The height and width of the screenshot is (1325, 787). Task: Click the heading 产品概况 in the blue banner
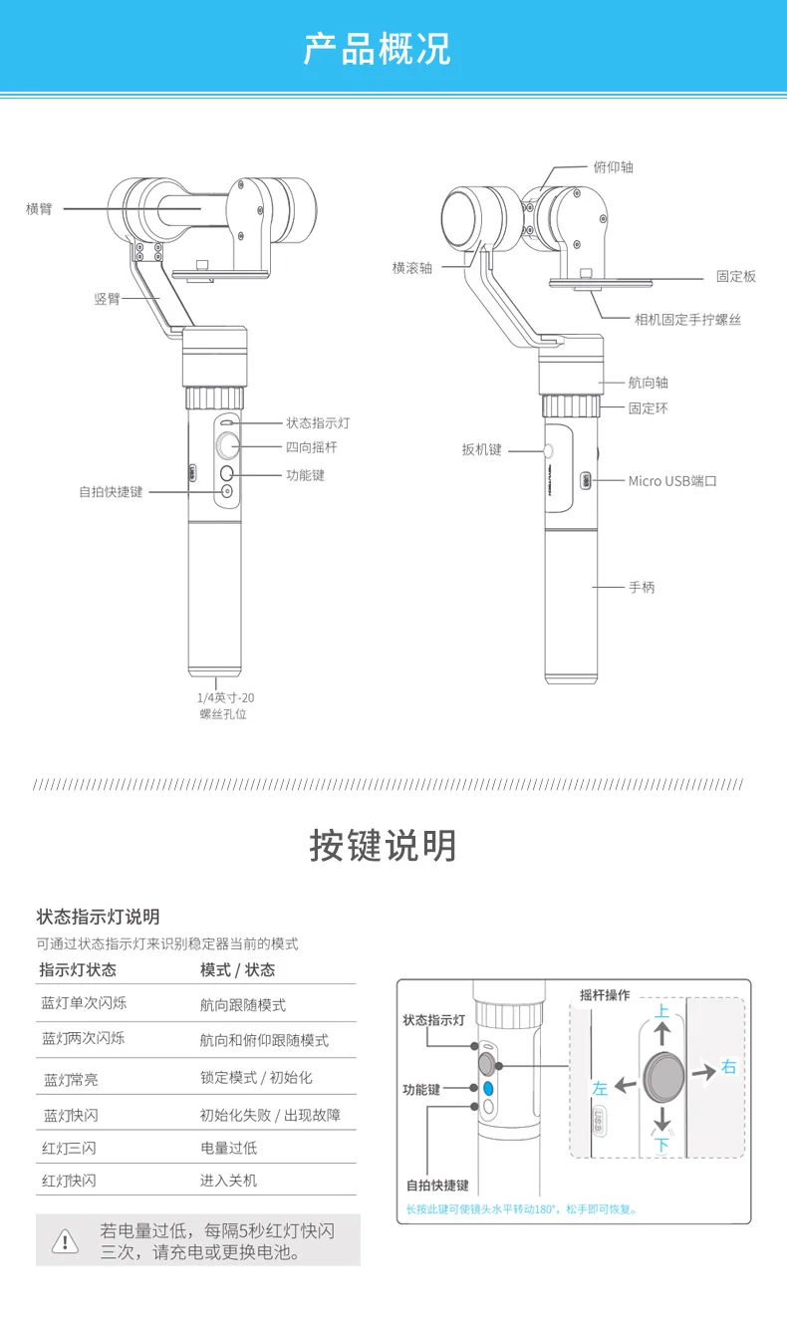378,49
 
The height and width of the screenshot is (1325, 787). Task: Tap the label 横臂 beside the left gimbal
39,209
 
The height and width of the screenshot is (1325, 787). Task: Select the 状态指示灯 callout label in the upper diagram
318,423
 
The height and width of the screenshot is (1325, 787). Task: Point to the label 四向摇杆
312,447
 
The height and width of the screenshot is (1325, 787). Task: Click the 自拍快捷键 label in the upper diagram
112,491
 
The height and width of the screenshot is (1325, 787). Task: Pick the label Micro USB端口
672,481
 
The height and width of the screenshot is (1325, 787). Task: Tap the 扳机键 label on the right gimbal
482,449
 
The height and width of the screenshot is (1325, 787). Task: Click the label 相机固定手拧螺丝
687,320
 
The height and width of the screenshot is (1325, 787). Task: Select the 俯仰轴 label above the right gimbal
613,167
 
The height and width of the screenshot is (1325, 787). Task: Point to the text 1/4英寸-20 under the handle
226,698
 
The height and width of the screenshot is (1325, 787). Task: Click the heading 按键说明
383,845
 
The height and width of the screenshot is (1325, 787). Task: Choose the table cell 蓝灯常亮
71,1080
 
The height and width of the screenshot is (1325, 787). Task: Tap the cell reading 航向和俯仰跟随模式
264,1040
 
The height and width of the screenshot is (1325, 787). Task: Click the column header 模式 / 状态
238,970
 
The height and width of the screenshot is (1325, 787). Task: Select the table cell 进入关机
228,1181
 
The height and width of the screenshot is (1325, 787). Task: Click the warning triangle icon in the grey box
65,1241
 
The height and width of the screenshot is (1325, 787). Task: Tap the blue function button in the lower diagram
488,1088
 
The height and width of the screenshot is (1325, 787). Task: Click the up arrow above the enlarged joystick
662,1033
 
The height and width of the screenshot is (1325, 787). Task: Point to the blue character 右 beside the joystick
728,1067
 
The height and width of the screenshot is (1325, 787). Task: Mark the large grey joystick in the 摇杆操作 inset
664,1077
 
